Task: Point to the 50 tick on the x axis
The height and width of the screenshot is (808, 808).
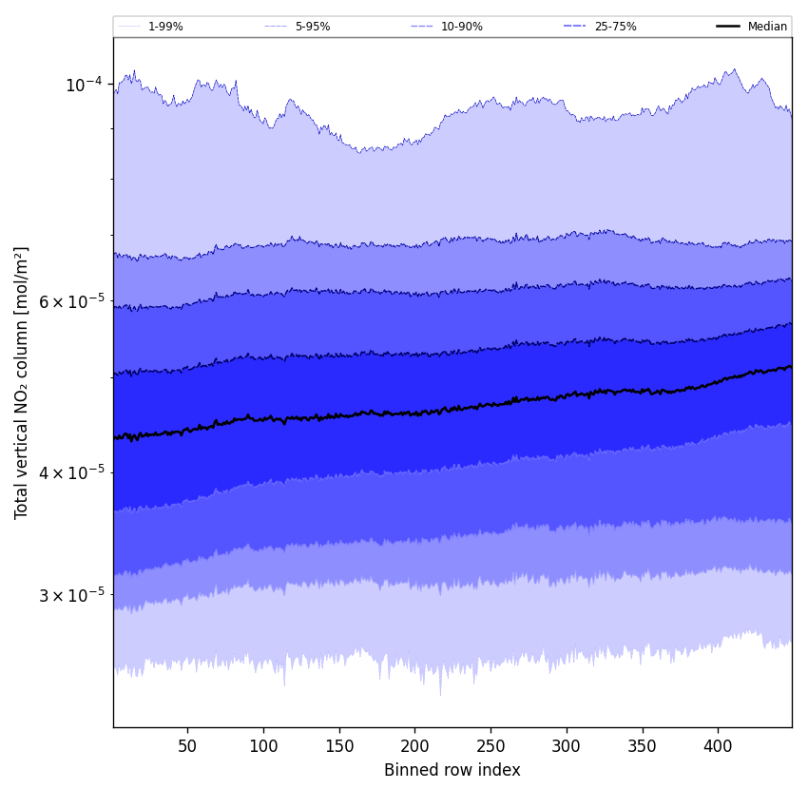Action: coord(187,746)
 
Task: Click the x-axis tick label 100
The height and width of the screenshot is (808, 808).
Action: coord(263,746)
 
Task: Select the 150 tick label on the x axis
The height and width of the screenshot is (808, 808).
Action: coord(339,746)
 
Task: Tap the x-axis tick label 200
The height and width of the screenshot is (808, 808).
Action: coord(414,746)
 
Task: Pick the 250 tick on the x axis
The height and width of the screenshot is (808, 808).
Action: coord(491,746)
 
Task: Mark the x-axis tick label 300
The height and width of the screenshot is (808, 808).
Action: coord(567,746)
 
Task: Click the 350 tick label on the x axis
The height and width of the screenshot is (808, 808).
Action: coord(643,746)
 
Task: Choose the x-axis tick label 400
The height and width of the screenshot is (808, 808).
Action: coord(718,746)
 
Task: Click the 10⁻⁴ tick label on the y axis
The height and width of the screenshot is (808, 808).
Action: coord(84,85)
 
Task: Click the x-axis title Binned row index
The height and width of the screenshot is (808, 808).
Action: coord(452,770)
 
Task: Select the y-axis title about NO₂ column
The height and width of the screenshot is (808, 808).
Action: coord(22,382)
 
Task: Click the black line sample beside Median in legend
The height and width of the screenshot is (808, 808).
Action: coord(728,27)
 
